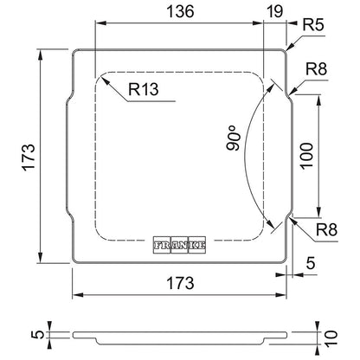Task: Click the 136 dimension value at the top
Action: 180,11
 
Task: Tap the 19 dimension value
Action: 274,11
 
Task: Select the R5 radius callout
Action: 313,25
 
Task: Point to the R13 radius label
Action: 144,89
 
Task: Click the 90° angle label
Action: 234,138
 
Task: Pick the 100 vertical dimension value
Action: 306,156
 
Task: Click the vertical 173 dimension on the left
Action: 29,157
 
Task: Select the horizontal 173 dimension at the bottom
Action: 180,283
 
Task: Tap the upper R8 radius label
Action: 317,69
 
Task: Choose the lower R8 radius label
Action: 326,230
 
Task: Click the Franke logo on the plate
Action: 179,245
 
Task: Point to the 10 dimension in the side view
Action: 331,337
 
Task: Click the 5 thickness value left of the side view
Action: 38,334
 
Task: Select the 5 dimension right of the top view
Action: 311,263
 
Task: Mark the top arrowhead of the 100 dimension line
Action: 318,100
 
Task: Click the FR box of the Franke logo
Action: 162,245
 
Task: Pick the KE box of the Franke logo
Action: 197,245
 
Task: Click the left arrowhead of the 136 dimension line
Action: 100,23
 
